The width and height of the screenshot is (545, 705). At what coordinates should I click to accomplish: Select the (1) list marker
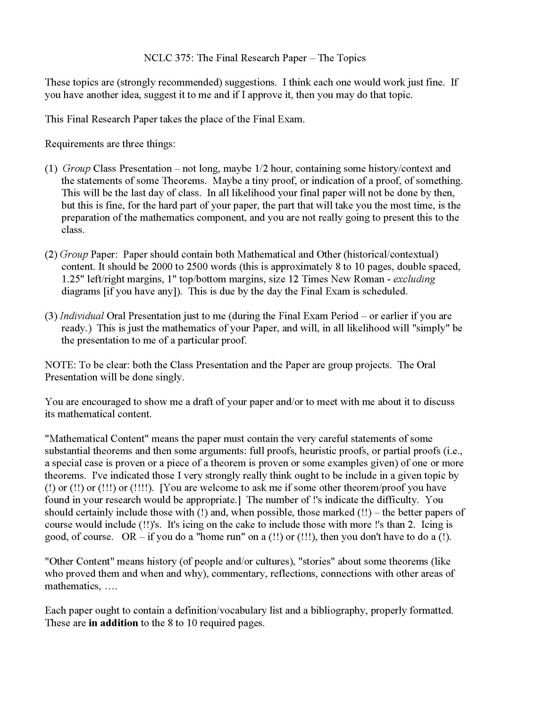coord(51,169)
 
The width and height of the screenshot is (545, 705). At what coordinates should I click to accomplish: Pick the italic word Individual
coord(82,316)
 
